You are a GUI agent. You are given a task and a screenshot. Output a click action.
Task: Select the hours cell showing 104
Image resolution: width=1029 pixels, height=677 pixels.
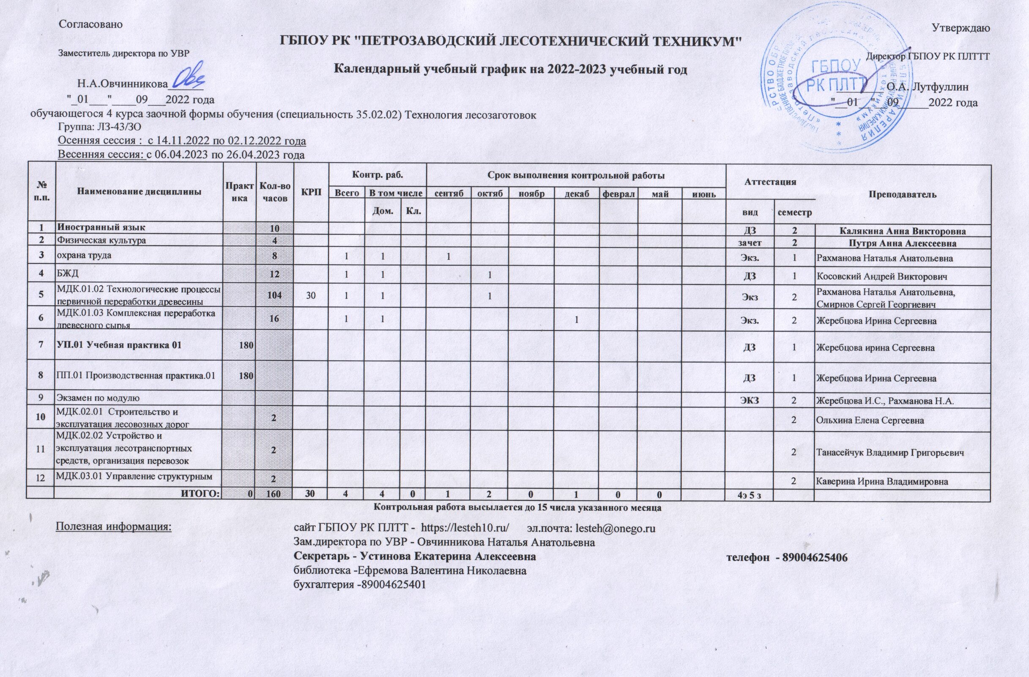point(275,295)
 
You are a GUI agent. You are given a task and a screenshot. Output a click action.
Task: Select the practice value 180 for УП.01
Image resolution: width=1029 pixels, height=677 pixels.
point(240,346)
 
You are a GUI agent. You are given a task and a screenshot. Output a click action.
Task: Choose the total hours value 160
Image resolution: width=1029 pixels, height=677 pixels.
point(275,494)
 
